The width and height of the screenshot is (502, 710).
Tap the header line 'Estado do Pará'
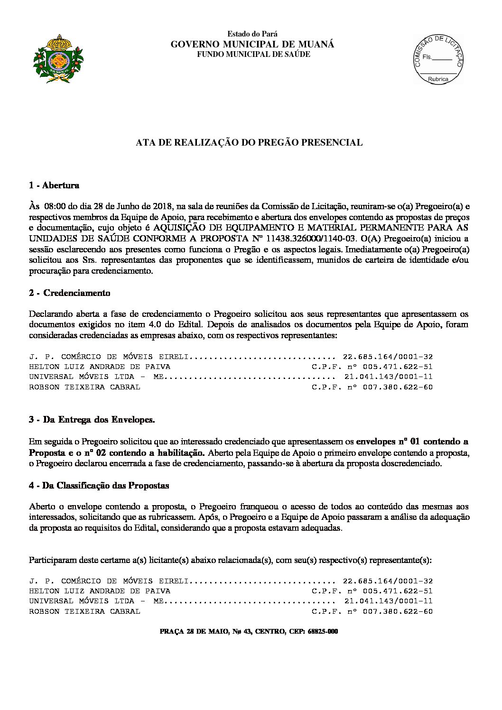click(252, 34)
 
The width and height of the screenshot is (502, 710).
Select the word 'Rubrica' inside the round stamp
click(437, 79)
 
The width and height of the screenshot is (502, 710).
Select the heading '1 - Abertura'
click(54, 185)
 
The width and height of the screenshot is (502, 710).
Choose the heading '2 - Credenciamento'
click(69, 293)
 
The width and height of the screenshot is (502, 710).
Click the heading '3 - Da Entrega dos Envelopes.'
click(92, 420)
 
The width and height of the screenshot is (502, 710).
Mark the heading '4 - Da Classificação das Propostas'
click(99, 486)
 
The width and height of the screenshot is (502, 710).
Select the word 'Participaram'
click(53, 560)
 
